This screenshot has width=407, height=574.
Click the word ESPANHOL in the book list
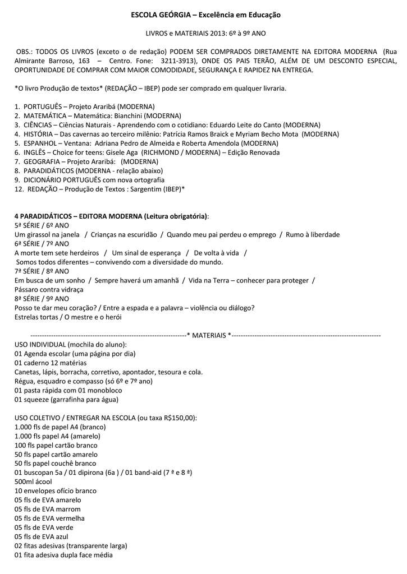coord(39,143)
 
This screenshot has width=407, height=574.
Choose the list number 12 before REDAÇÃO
coord(18,189)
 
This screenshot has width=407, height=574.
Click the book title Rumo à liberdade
coord(313,234)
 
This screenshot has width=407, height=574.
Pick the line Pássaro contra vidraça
coord(49,289)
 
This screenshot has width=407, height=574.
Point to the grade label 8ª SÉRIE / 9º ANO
coord(42,299)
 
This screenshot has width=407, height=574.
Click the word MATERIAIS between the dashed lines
coord(210,335)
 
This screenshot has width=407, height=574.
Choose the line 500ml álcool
coord(33,482)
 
